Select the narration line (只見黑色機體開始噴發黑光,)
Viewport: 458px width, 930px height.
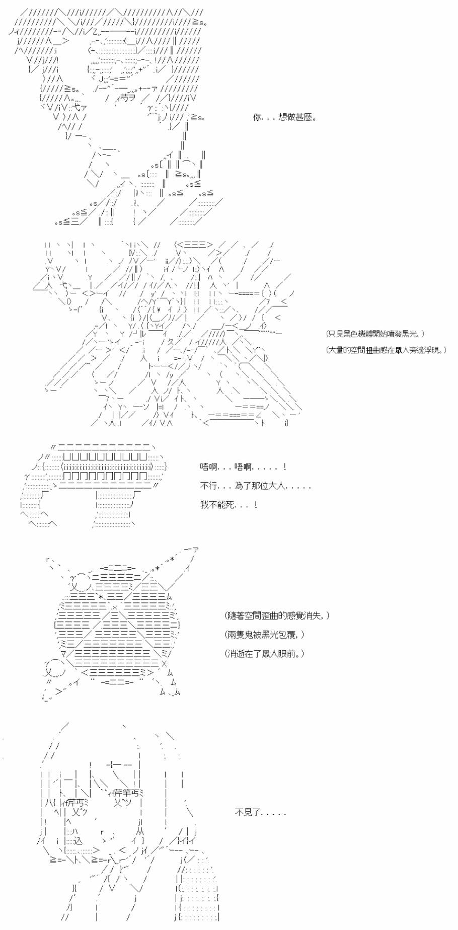coord(375,334)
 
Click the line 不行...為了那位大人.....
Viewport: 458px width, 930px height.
coord(256,486)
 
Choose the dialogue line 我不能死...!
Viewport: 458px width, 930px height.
coord(229,505)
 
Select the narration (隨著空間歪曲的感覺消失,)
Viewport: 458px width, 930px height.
coord(277,616)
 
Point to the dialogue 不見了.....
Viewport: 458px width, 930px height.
coord(260,812)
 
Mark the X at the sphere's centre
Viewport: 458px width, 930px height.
coord(114,608)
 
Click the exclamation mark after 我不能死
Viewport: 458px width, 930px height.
coord(256,505)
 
